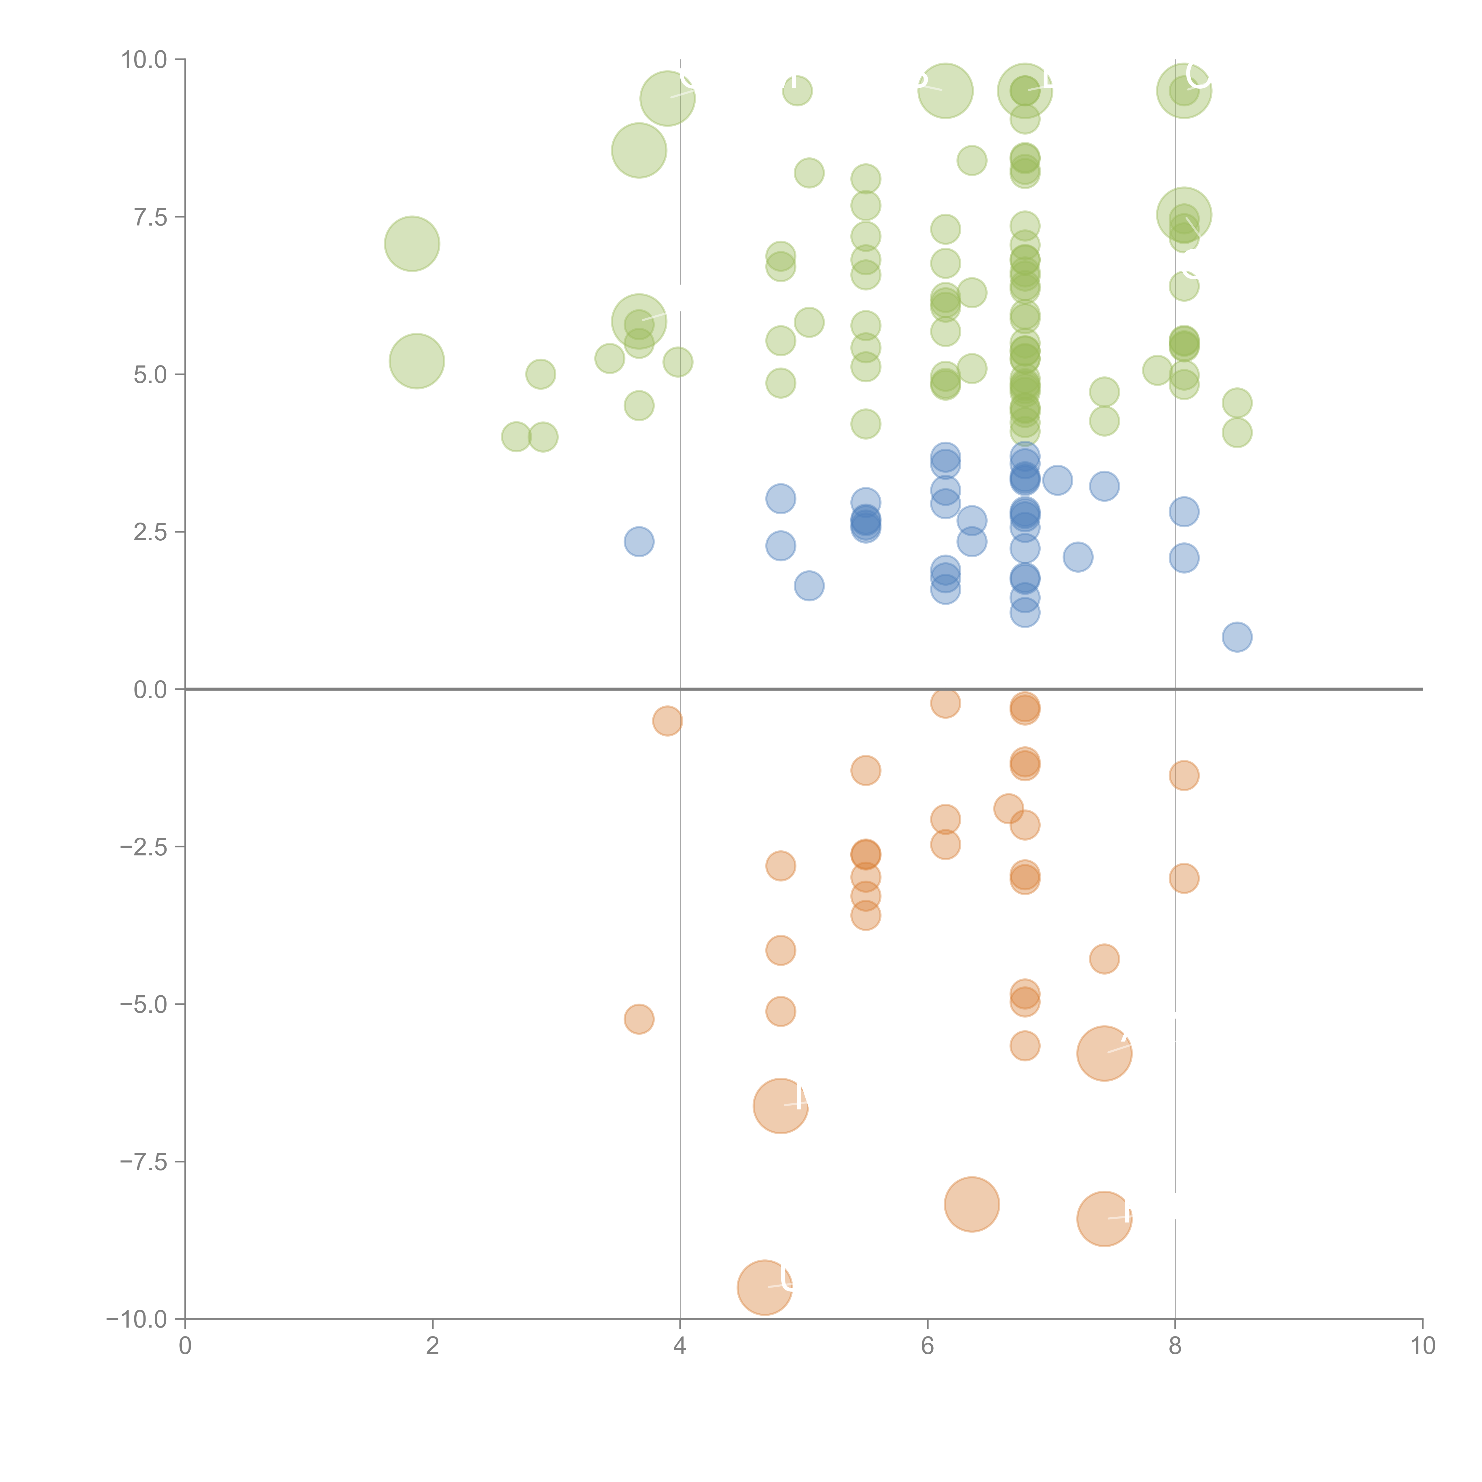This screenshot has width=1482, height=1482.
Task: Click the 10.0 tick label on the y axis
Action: [144, 60]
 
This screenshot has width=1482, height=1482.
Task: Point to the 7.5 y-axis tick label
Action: [150, 217]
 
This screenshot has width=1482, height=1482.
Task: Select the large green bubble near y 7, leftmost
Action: [412, 244]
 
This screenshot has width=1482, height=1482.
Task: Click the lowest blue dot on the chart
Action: [1237, 637]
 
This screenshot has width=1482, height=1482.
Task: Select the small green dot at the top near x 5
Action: [798, 91]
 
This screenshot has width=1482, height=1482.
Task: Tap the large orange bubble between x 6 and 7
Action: [972, 1204]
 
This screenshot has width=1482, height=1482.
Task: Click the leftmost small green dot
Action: [516, 437]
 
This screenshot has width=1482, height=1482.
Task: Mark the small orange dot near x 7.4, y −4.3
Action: [1104, 959]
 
